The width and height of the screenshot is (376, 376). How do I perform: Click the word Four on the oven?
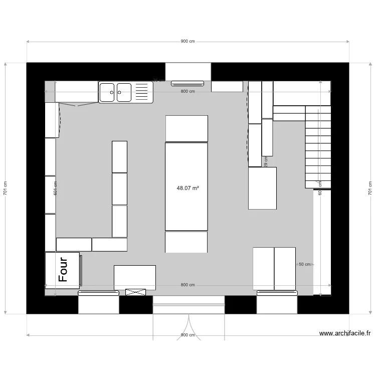coord(63,270)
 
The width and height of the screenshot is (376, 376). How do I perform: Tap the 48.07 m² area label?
coord(187,189)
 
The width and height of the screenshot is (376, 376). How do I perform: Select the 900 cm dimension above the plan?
coord(187,42)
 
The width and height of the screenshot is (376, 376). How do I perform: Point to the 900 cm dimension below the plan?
coord(187,335)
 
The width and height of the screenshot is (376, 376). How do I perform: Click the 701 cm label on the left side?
coord(6,189)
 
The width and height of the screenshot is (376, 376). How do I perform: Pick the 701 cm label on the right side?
coord(370,189)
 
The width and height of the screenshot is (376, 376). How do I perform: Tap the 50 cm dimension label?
coord(304,264)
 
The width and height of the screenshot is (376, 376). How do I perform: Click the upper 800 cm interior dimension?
coord(187,91)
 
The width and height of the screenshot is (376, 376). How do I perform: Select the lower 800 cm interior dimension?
coord(187,285)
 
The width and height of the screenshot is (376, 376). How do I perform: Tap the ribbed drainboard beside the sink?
coord(142,92)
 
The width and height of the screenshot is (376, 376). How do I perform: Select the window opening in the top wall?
coord(188,72)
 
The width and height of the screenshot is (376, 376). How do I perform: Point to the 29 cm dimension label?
coord(266,161)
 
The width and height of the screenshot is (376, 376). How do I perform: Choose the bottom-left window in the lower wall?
coord(98,303)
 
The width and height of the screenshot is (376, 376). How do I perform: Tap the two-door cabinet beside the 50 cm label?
coord(274,268)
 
